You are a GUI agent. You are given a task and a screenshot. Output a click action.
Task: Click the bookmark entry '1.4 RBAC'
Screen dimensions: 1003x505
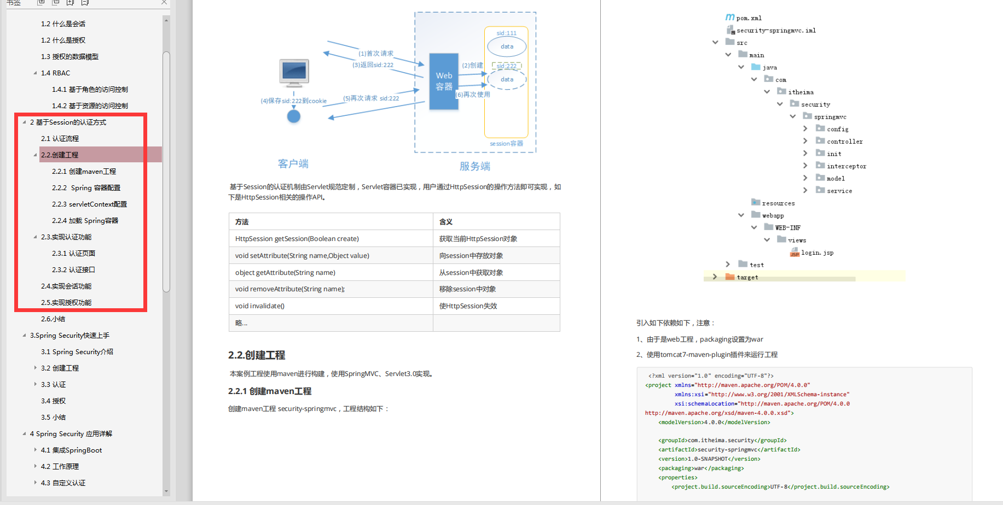point(55,73)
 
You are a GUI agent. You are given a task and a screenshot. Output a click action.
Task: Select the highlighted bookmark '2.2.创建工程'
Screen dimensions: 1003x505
point(60,155)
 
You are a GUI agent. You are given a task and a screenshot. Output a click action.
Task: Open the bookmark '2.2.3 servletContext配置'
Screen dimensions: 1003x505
point(89,204)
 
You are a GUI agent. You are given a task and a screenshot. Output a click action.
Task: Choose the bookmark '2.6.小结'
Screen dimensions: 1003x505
point(53,319)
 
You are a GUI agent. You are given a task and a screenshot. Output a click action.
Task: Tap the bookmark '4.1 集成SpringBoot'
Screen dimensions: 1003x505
point(71,450)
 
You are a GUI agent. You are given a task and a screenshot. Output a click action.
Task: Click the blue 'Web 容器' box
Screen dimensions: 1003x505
point(444,81)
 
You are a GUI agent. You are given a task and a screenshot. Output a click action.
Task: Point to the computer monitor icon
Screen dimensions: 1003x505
point(294,73)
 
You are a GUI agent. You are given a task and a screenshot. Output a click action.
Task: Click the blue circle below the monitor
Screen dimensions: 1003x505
point(294,116)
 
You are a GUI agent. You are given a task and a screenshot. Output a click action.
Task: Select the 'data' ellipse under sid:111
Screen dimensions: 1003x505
point(507,46)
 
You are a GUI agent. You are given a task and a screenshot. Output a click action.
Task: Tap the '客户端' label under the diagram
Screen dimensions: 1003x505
point(293,163)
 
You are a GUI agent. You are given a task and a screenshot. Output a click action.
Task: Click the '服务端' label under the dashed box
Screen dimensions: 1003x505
point(475,166)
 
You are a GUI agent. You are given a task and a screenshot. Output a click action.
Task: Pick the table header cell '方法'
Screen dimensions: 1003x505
point(242,222)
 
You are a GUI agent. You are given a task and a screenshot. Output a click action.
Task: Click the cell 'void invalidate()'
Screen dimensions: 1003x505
point(260,306)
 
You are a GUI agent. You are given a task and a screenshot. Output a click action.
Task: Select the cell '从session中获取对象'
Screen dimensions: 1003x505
point(471,273)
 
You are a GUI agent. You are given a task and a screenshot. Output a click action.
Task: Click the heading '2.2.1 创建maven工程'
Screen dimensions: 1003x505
point(270,391)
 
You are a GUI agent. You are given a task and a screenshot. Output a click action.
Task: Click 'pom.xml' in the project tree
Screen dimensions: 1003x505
point(749,18)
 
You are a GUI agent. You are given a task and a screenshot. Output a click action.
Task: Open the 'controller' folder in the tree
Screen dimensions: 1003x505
point(844,142)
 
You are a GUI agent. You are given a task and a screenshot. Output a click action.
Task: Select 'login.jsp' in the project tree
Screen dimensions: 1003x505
point(817,252)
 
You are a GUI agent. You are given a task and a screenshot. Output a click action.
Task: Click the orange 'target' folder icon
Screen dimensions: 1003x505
point(730,277)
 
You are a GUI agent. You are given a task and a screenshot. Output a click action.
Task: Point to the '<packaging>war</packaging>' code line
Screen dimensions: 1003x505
point(701,468)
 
